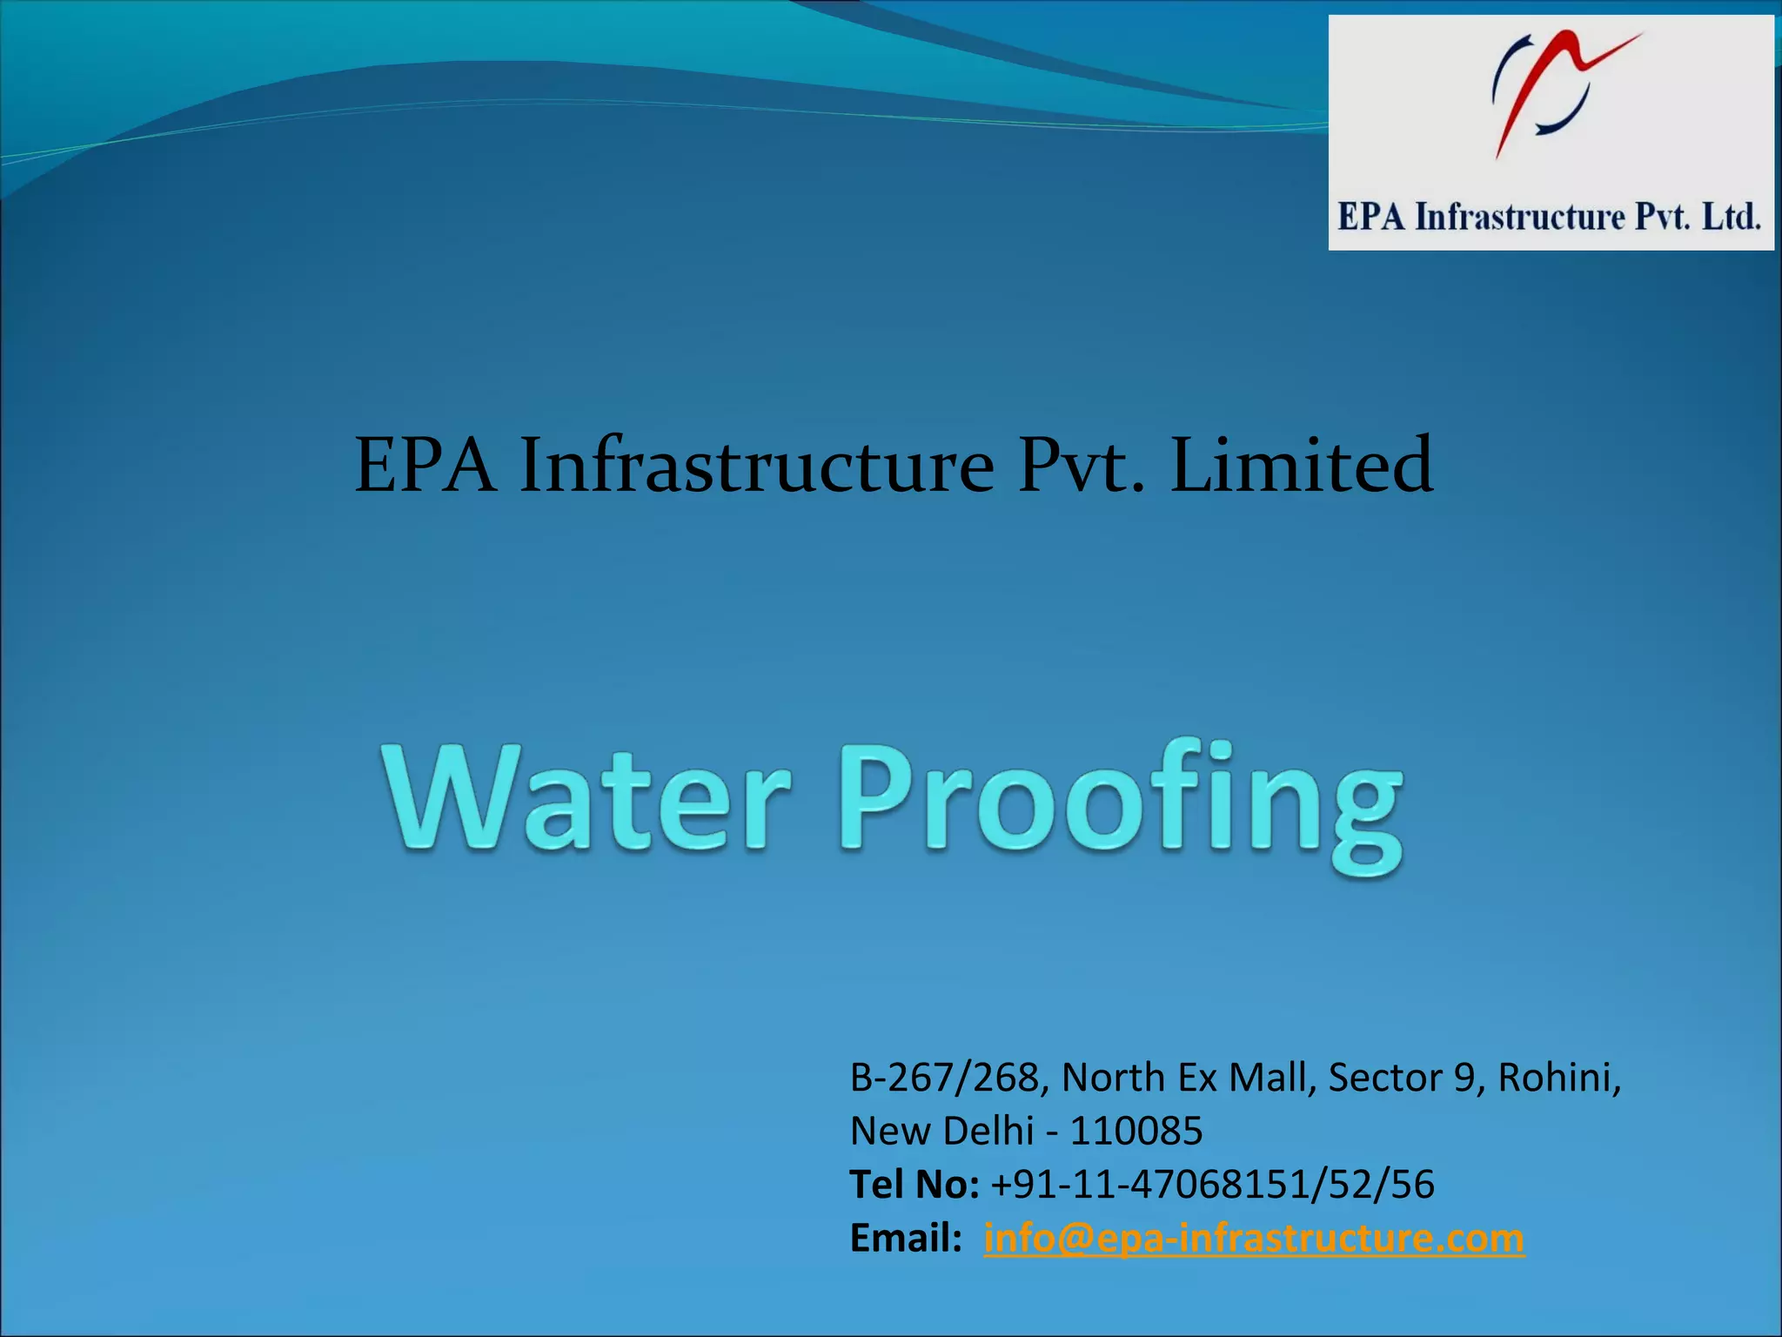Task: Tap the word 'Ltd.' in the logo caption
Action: pyautogui.click(x=1731, y=217)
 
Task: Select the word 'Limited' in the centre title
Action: pyautogui.click(x=1301, y=466)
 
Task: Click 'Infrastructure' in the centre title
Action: pyautogui.click(x=757, y=466)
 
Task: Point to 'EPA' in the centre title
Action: pyautogui.click(x=426, y=466)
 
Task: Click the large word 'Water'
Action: pyautogui.click(x=588, y=796)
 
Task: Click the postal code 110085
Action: pyautogui.click(x=1136, y=1131)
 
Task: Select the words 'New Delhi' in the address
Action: pyautogui.click(x=941, y=1131)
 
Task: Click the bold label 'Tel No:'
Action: pyautogui.click(x=914, y=1185)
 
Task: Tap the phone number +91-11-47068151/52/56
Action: pyautogui.click(x=1212, y=1185)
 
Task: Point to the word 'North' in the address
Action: pyautogui.click(x=1113, y=1078)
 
